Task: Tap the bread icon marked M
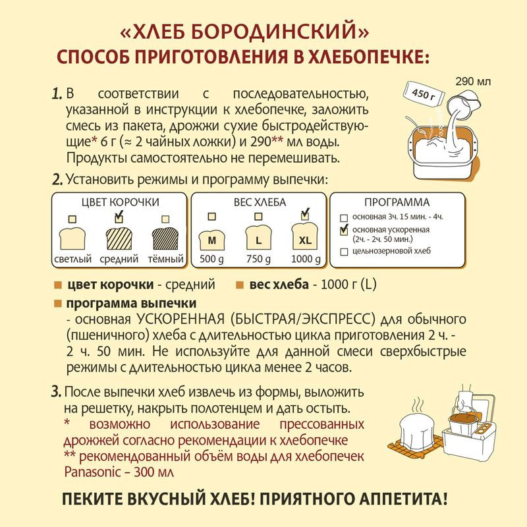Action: coord(212,238)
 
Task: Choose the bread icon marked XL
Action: coord(304,238)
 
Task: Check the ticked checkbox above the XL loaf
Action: coord(304,215)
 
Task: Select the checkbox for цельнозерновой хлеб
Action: coord(343,251)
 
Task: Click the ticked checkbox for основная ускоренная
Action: coord(343,230)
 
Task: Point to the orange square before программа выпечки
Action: coord(58,304)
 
